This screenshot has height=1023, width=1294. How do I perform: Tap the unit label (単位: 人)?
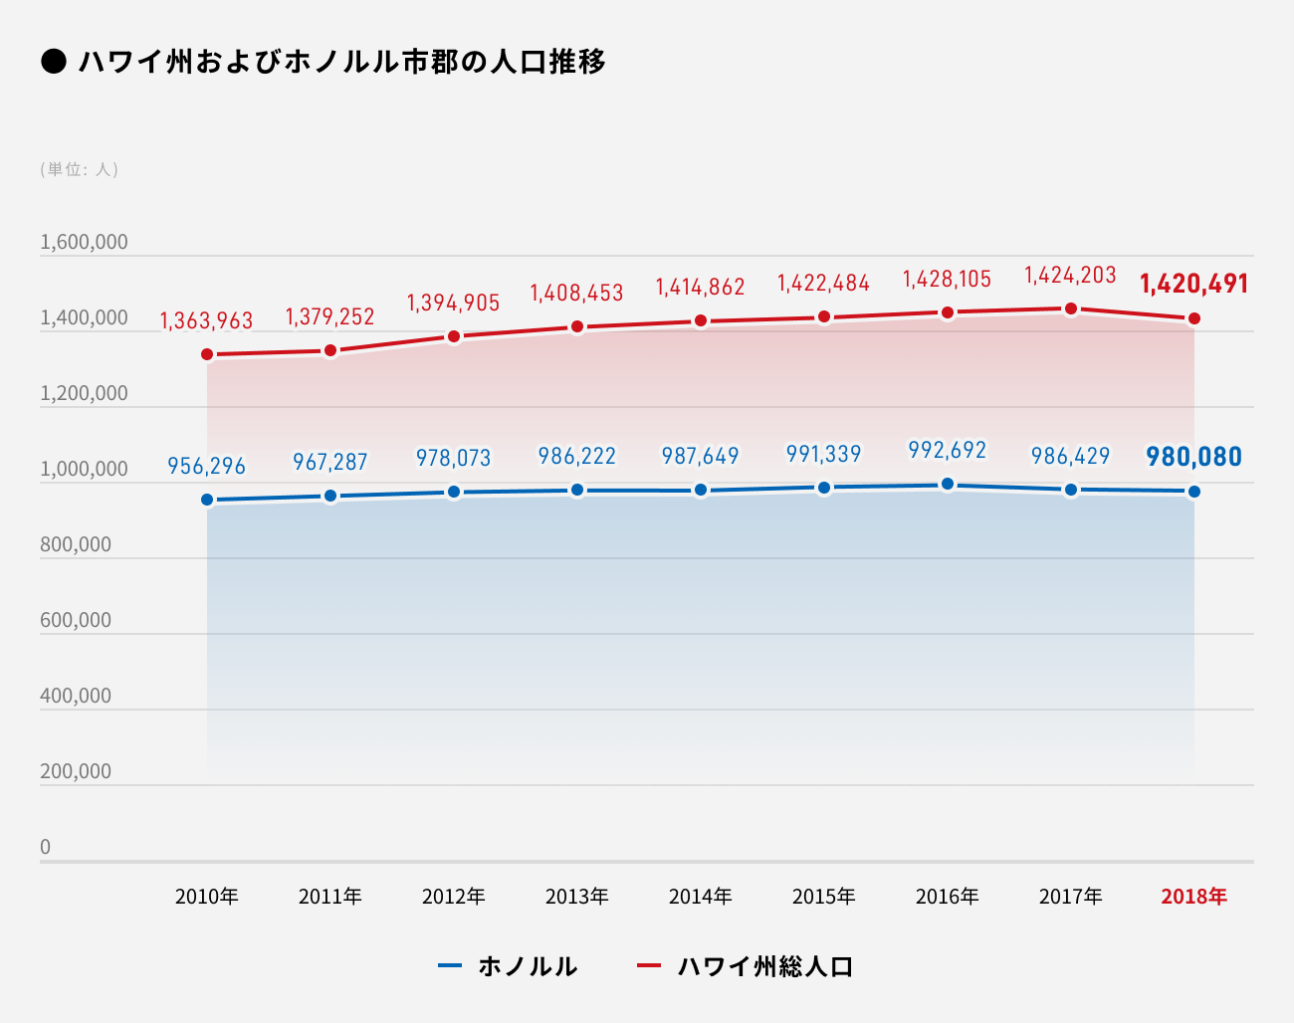(80, 169)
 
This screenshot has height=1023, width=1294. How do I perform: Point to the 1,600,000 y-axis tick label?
(84, 242)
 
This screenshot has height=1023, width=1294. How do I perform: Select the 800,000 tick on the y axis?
(76, 544)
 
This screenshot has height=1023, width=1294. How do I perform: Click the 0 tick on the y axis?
(45, 847)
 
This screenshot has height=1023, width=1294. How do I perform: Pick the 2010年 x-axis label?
(207, 897)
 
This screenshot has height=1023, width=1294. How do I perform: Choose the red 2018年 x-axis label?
(1193, 897)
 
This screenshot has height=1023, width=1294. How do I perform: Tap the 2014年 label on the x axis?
(701, 897)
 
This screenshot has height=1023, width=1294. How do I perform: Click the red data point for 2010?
(207, 354)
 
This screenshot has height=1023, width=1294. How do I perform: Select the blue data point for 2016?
(948, 485)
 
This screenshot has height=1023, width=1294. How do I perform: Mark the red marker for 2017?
(1071, 308)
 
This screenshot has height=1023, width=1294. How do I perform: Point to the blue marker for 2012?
(454, 492)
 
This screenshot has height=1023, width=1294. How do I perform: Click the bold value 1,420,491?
(1193, 284)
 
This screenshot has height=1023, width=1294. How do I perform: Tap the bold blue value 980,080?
(1193, 457)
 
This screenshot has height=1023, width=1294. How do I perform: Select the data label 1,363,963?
(207, 320)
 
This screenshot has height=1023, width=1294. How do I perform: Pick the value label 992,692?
(948, 450)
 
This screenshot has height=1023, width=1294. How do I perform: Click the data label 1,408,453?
(577, 293)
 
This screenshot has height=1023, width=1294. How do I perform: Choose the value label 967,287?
(330, 462)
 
